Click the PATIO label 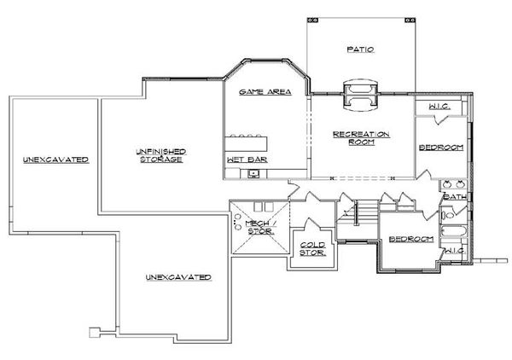360,49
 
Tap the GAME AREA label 265,92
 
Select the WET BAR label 247,160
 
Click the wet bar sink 253,173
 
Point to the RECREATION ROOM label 361,138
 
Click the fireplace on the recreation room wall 361,95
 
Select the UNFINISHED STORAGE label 161,155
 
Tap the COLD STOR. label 313,249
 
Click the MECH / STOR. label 261,227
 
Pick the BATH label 455,197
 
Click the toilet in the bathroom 447,215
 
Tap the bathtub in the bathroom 453,231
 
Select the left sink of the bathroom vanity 447,185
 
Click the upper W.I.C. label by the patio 439,107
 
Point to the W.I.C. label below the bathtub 455,251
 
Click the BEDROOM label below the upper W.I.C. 441,148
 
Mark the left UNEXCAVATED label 55,160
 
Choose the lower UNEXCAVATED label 178,277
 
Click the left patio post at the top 312,20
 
